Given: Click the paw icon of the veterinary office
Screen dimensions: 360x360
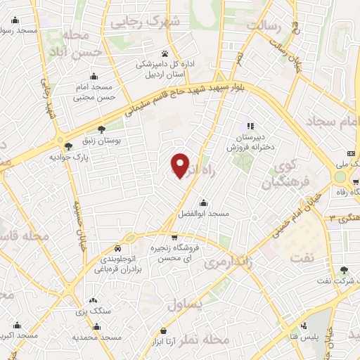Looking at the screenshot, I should click(x=165, y=53).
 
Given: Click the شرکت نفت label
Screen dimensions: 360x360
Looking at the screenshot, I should click(x=342, y=281).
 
